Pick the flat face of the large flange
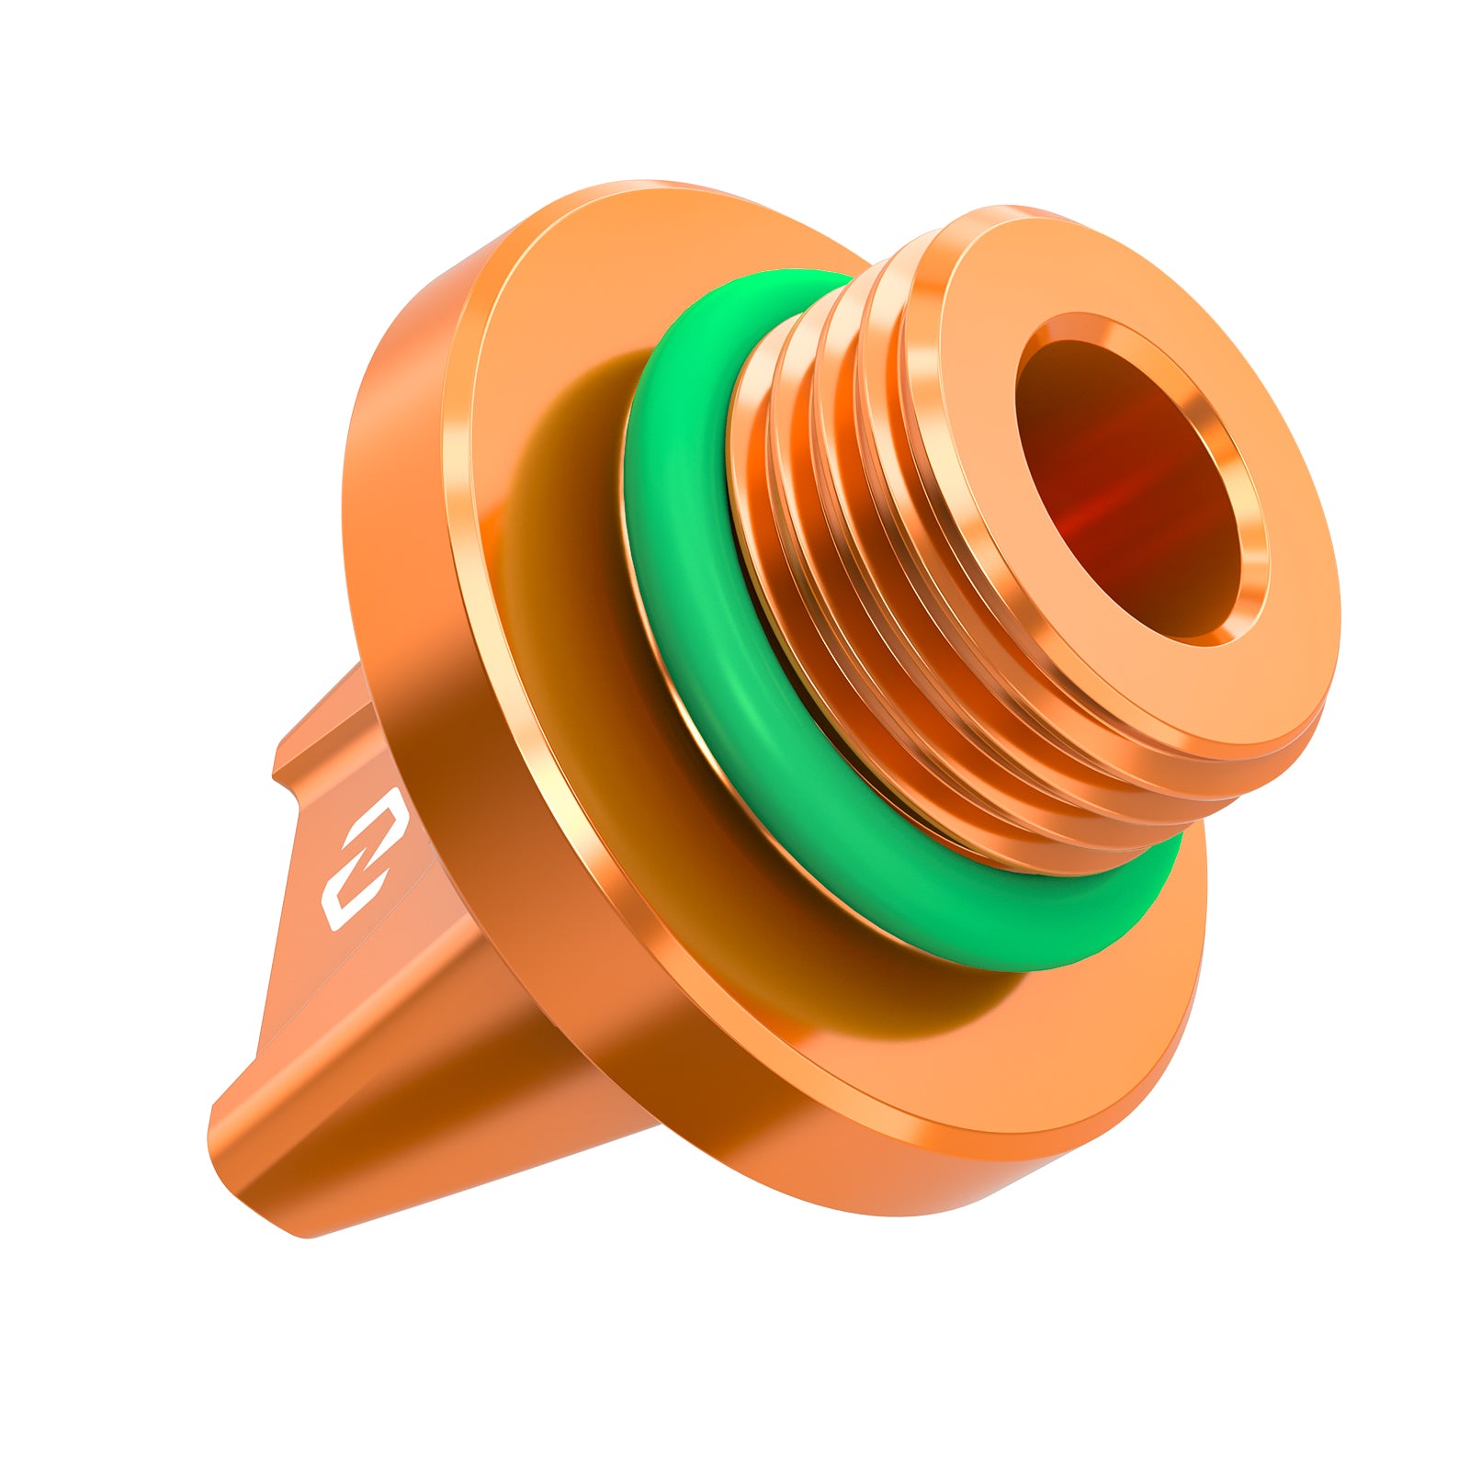(570, 303)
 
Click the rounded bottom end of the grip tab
(230, 1139)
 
